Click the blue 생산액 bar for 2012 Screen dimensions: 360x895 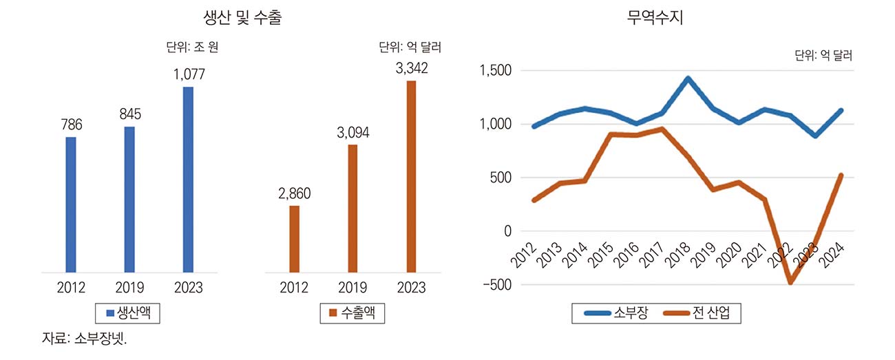click(x=71, y=204)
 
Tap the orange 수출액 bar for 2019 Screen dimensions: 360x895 click(x=353, y=208)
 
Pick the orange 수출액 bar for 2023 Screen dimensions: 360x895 click(x=412, y=176)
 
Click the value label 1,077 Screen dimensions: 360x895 click(x=188, y=75)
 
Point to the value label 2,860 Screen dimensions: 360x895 click(x=295, y=194)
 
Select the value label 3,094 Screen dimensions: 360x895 click(x=353, y=133)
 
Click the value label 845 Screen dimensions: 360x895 click(x=129, y=114)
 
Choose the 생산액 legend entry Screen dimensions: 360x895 click(x=129, y=313)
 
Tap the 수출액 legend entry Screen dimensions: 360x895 click(x=352, y=313)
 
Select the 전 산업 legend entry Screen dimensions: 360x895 click(x=702, y=314)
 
